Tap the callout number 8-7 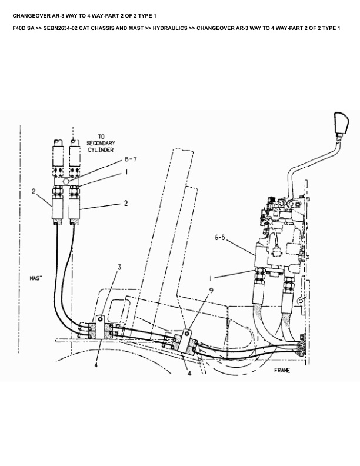tap(130, 159)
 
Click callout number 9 tap(211, 289)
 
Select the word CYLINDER tap(101, 149)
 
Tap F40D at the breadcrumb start tap(18, 28)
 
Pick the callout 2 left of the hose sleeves tap(34, 191)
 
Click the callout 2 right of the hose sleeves tap(125, 204)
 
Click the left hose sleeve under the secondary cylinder tap(58, 206)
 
